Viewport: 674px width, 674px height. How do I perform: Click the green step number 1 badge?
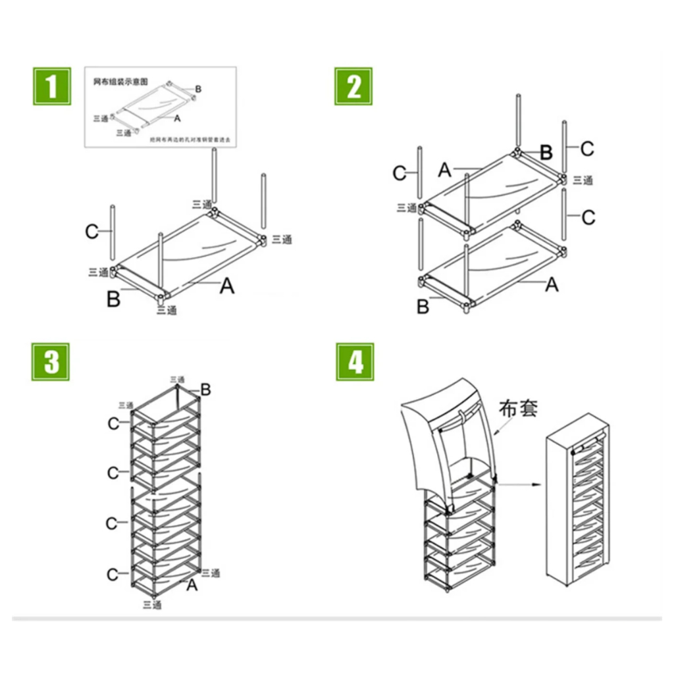pyautogui.click(x=51, y=86)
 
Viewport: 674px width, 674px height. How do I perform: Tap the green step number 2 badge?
pyautogui.click(x=354, y=86)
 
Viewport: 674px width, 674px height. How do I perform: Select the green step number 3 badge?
pyautogui.click(x=51, y=362)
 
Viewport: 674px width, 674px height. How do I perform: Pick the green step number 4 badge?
pyautogui.click(x=355, y=362)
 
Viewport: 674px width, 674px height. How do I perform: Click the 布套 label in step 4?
pyautogui.click(x=519, y=407)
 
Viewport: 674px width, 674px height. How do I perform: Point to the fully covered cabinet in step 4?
pyautogui.click(x=578, y=498)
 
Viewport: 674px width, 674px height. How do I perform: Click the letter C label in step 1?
pyautogui.click(x=92, y=231)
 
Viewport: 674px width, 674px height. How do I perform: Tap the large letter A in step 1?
pyautogui.click(x=226, y=286)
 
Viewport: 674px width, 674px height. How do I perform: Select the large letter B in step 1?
pyautogui.click(x=113, y=299)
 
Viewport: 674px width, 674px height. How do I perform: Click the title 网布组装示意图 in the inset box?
pyautogui.click(x=120, y=82)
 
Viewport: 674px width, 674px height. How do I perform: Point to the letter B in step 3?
pyautogui.click(x=205, y=390)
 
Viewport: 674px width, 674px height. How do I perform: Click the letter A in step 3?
pyautogui.click(x=192, y=584)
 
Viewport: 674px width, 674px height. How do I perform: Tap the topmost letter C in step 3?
pyautogui.click(x=113, y=423)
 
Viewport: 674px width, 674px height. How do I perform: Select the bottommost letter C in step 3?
pyautogui.click(x=113, y=575)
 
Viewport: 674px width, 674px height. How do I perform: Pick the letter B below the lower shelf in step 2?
pyautogui.click(x=423, y=307)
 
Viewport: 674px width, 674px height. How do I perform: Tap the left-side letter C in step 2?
pyautogui.click(x=400, y=173)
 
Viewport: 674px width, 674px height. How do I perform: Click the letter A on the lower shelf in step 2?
pyautogui.click(x=552, y=284)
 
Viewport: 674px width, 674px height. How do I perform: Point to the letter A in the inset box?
pyautogui.click(x=177, y=118)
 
